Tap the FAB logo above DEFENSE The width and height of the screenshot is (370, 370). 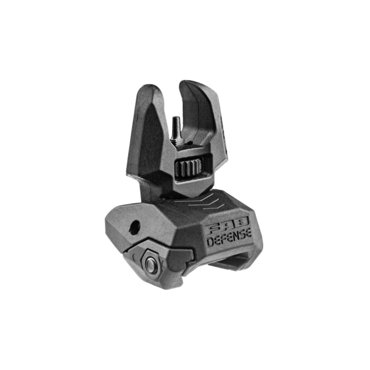click(228, 224)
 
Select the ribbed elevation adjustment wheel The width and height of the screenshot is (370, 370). click(189, 167)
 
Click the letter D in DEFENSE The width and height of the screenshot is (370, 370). click(212, 240)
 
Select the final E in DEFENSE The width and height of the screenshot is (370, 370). click(248, 232)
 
